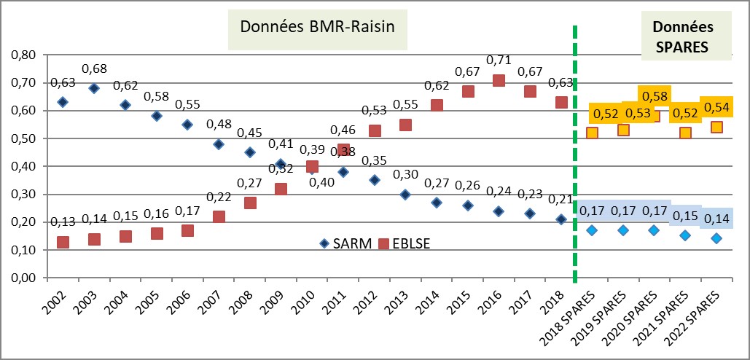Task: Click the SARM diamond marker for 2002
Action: coord(63,102)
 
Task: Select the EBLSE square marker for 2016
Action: coord(499,81)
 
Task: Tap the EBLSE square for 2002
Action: coord(63,242)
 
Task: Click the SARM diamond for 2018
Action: coord(560,219)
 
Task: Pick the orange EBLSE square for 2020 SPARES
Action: coord(654,115)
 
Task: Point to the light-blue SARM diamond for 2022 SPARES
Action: coord(716,238)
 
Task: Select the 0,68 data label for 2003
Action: coord(94,69)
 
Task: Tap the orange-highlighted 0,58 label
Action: coord(655,96)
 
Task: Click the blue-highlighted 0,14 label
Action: coord(716,217)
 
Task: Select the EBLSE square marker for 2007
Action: coord(219,216)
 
